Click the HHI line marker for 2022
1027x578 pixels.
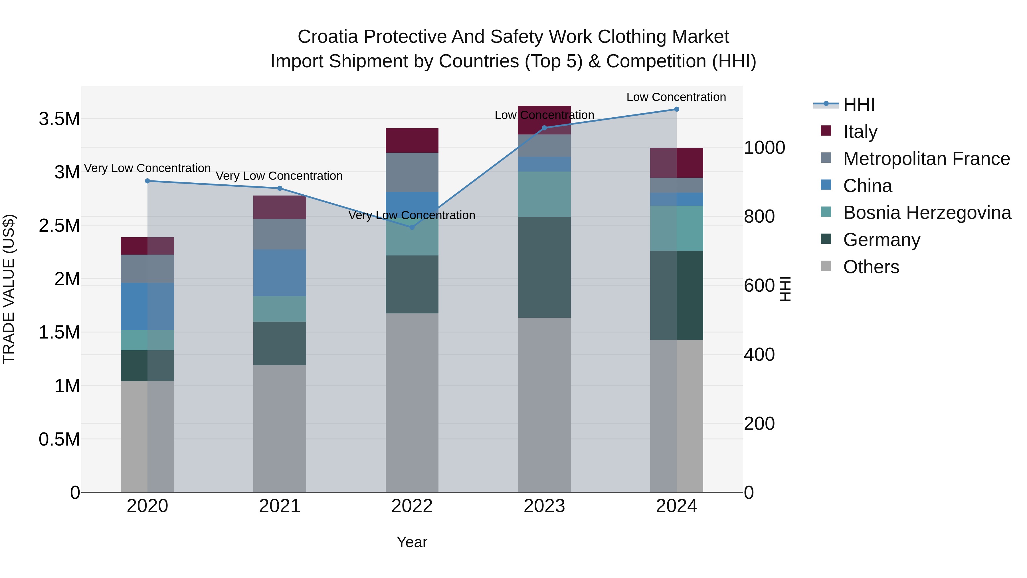pyautogui.click(x=412, y=227)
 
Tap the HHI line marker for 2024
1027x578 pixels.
pyautogui.click(x=677, y=109)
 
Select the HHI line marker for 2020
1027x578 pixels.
pyautogui.click(x=147, y=181)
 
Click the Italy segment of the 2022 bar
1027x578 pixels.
pyautogui.click(x=412, y=140)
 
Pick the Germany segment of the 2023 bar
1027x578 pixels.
pyautogui.click(x=544, y=267)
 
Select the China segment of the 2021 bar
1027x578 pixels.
pyautogui.click(x=280, y=273)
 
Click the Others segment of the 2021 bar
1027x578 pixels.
pyautogui.click(x=280, y=429)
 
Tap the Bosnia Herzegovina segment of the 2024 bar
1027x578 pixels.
pyautogui.click(x=677, y=228)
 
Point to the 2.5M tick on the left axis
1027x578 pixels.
pyautogui.click(x=59, y=226)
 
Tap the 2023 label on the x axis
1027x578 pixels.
pyautogui.click(x=544, y=506)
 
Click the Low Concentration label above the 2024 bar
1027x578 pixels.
pyautogui.click(x=676, y=97)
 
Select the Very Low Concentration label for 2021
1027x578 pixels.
pyautogui.click(x=279, y=176)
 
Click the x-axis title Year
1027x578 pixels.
pyautogui.click(x=412, y=542)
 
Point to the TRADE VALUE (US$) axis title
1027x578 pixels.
pyautogui.click(x=9, y=289)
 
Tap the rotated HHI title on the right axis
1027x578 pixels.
pyautogui.click(x=785, y=289)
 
